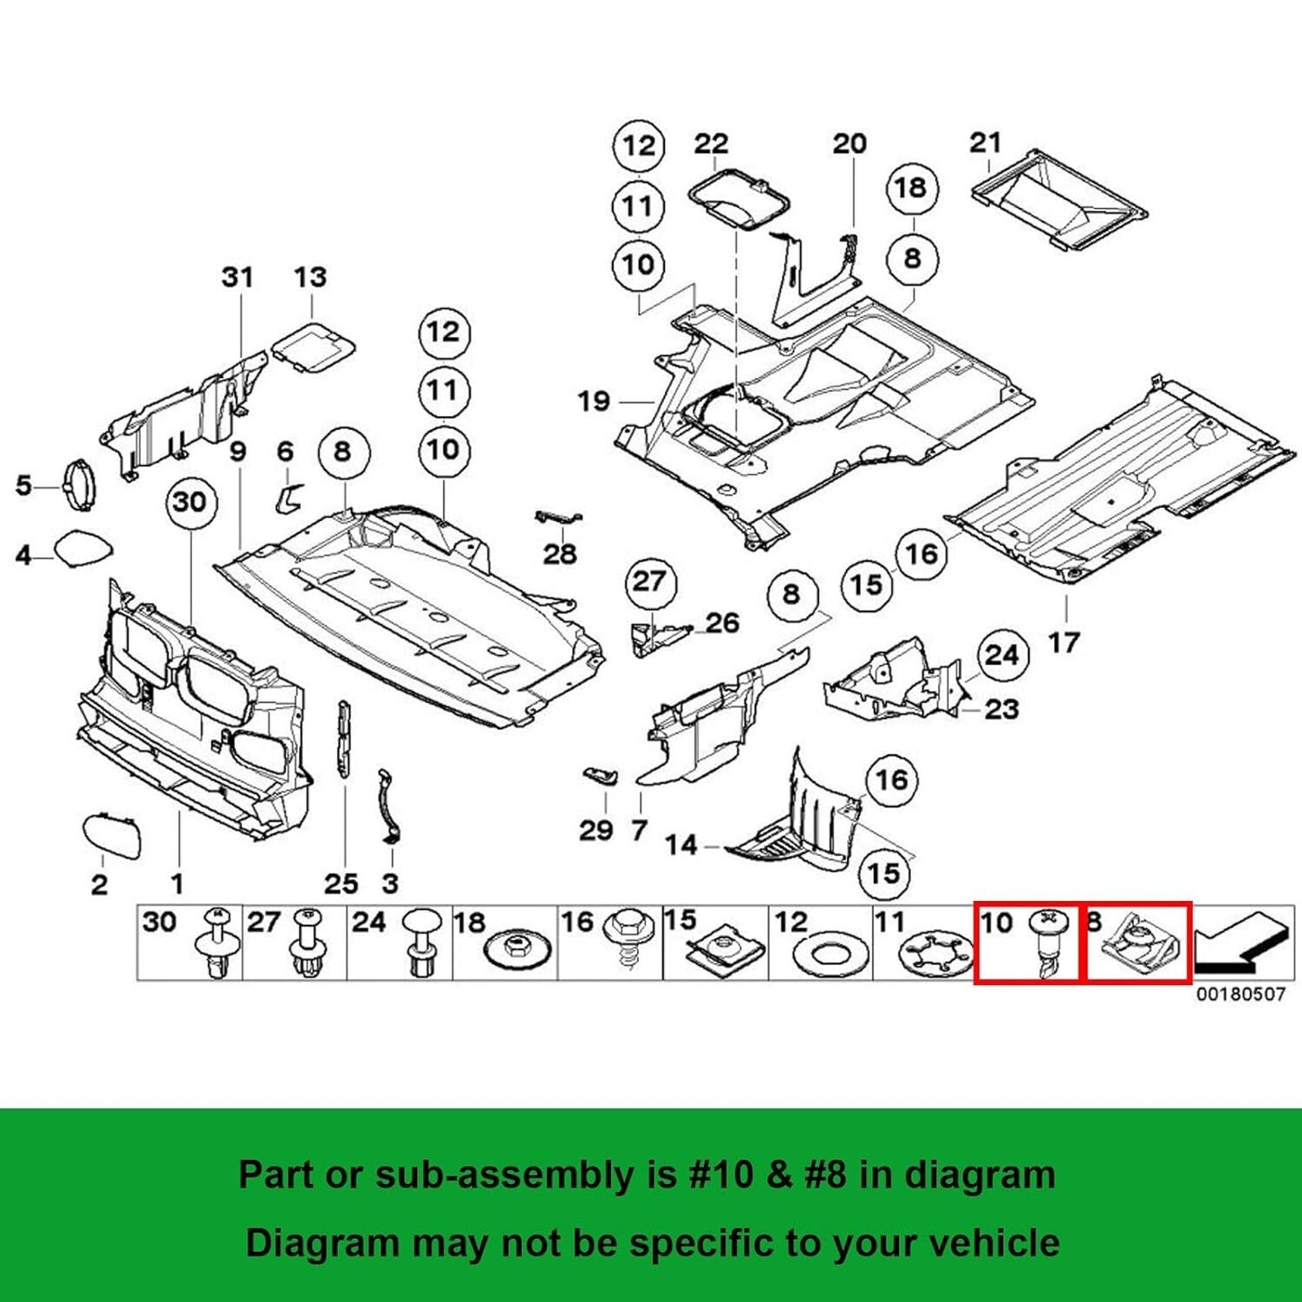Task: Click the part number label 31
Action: (238, 277)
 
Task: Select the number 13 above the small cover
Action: (310, 277)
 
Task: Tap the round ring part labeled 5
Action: (77, 485)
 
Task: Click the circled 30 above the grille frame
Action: (189, 502)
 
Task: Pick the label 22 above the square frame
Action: (711, 144)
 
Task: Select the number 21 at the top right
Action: (985, 142)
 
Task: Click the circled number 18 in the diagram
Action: (911, 188)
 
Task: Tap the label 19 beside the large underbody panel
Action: (594, 401)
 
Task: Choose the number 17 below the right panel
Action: (1063, 642)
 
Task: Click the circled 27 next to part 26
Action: (648, 582)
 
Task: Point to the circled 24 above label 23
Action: (1001, 655)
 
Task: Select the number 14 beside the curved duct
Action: (681, 845)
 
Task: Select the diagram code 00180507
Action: (1241, 995)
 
